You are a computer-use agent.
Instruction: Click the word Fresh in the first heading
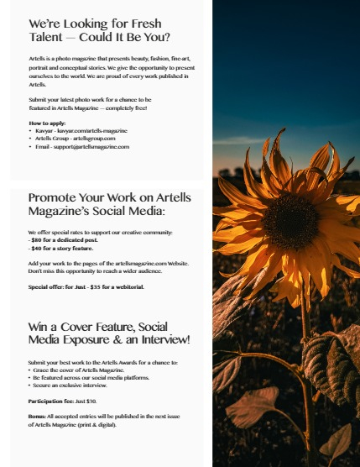pos(144,24)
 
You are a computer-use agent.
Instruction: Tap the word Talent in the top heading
pos(50,37)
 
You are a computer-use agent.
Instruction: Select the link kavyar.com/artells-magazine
pos(91,131)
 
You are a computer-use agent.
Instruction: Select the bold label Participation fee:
pos(51,401)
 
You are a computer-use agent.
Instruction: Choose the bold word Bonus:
pos(39,417)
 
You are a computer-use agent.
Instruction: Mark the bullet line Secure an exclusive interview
pos(70,385)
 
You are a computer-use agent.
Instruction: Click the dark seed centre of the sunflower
pos(290,222)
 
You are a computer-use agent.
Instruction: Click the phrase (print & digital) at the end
pos(100,424)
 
